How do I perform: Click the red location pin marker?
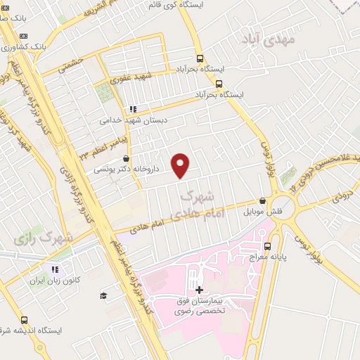[181, 166]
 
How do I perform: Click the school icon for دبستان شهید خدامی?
[131, 109]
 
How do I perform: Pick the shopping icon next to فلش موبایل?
[262, 200]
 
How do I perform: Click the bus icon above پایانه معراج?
[267, 246]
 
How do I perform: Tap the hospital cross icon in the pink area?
[200, 290]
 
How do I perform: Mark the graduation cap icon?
[103, 295]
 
